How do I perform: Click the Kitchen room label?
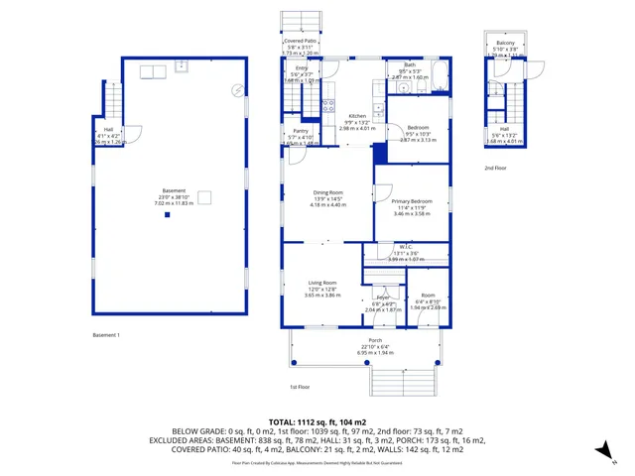pos(356,115)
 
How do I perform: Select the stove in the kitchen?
pos(328,107)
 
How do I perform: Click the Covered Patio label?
pos(300,42)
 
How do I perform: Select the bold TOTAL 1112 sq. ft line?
pos(317,421)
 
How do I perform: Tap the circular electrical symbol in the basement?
pos(237,89)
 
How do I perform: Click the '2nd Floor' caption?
pos(496,169)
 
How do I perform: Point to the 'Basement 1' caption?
pos(106,335)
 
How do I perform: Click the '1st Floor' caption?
pos(302,387)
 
